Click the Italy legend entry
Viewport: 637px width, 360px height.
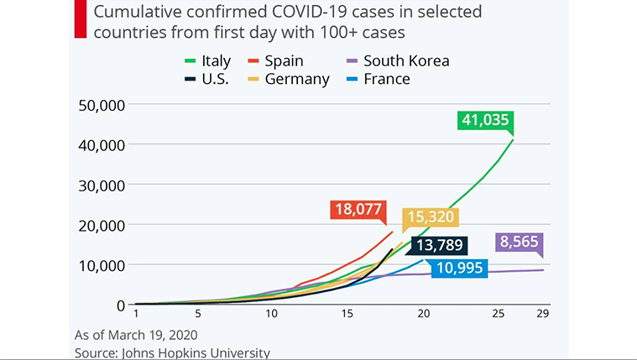(x=207, y=61)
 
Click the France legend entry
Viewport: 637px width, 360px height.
(x=377, y=80)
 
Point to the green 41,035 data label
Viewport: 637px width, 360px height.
(x=485, y=120)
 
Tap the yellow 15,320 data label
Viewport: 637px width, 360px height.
(x=431, y=220)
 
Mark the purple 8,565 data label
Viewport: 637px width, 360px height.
(x=520, y=243)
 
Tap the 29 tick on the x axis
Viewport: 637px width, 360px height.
(x=543, y=313)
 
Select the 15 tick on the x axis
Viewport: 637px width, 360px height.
(x=347, y=313)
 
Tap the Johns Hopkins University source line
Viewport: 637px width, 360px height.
(x=172, y=352)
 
